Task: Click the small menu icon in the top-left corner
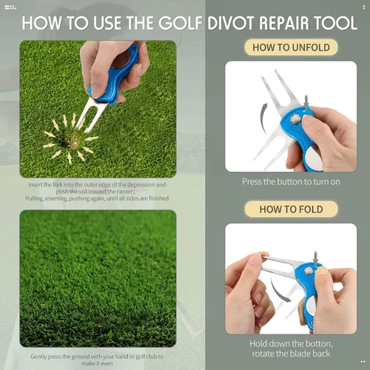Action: tap(10, 7)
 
